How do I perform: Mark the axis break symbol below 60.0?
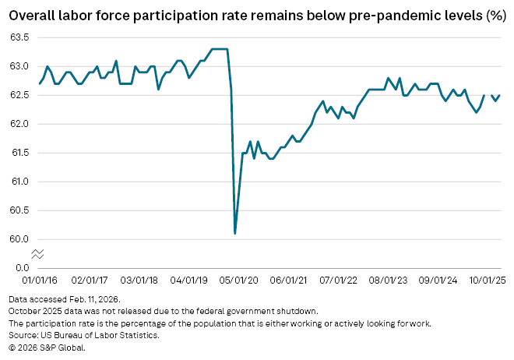pyautogui.click(x=37, y=254)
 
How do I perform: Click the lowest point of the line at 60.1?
pyautogui.click(x=235, y=233)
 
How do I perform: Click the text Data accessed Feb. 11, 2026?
pyautogui.click(x=65, y=299)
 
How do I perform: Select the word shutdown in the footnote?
pyautogui.click(x=295, y=312)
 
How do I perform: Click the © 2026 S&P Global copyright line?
pyautogui.click(x=47, y=348)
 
